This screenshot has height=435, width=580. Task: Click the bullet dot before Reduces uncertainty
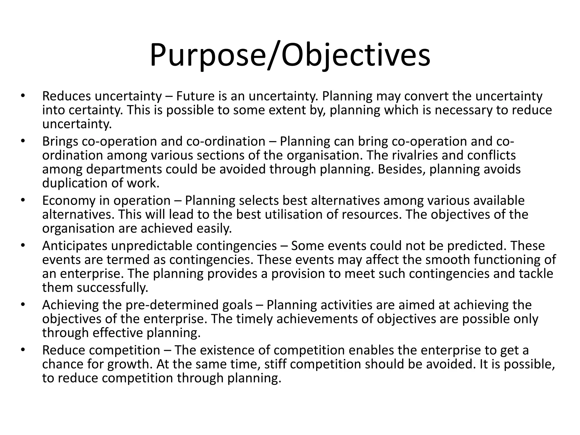[x=23, y=96]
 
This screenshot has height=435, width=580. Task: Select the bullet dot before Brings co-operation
[x=23, y=141]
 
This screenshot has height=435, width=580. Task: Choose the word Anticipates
[x=75, y=246]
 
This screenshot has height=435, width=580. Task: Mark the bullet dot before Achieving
[x=23, y=305]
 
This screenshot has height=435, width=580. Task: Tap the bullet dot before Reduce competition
[x=23, y=350]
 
